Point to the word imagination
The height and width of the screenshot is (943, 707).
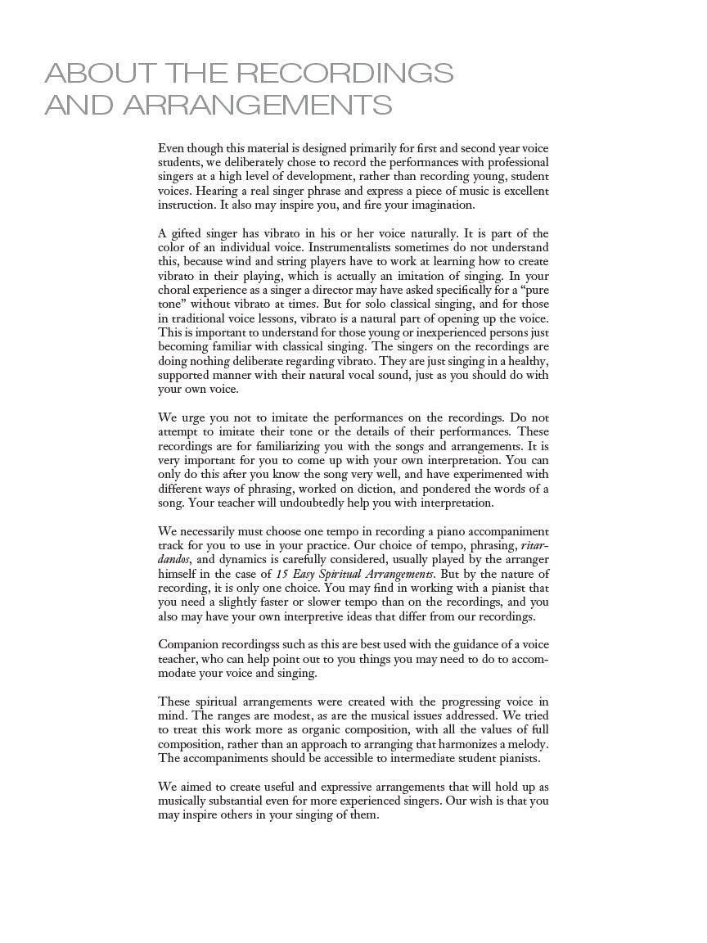[442, 205]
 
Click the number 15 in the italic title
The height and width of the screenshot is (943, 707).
[280, 574]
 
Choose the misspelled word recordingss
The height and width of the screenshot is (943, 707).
[262, 644]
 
